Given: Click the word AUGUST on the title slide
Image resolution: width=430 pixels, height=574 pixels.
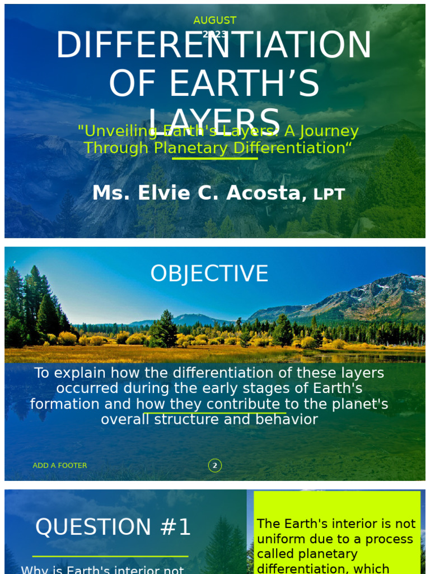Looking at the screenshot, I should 215,20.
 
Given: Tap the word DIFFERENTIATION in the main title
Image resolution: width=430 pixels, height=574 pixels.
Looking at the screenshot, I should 213,45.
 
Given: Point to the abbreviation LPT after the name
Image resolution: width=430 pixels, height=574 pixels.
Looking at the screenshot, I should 329,195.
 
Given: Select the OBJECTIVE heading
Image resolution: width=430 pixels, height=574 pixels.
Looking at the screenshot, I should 209,274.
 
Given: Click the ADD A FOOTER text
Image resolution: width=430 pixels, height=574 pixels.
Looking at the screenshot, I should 60,465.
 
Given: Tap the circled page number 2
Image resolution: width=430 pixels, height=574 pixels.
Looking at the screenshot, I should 214,465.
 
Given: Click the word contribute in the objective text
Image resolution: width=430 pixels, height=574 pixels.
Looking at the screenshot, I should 243,404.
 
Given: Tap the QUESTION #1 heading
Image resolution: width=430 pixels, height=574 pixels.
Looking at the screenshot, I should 113,527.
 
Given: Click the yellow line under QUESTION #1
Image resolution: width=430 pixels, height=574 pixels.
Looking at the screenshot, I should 110,557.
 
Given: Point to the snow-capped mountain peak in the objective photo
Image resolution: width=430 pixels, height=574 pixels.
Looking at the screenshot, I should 399,279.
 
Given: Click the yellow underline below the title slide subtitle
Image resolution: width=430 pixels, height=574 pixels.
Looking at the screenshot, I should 215,159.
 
